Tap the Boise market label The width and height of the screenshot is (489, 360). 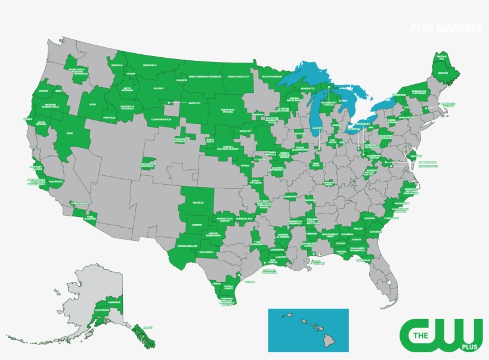point(92,104)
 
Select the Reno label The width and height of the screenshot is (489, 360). point(70,134)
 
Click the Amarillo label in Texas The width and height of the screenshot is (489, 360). point(199,203)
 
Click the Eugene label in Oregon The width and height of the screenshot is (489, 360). point(43,91)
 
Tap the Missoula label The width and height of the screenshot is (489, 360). point(117,64)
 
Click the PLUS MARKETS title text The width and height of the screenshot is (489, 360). point(445,28)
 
